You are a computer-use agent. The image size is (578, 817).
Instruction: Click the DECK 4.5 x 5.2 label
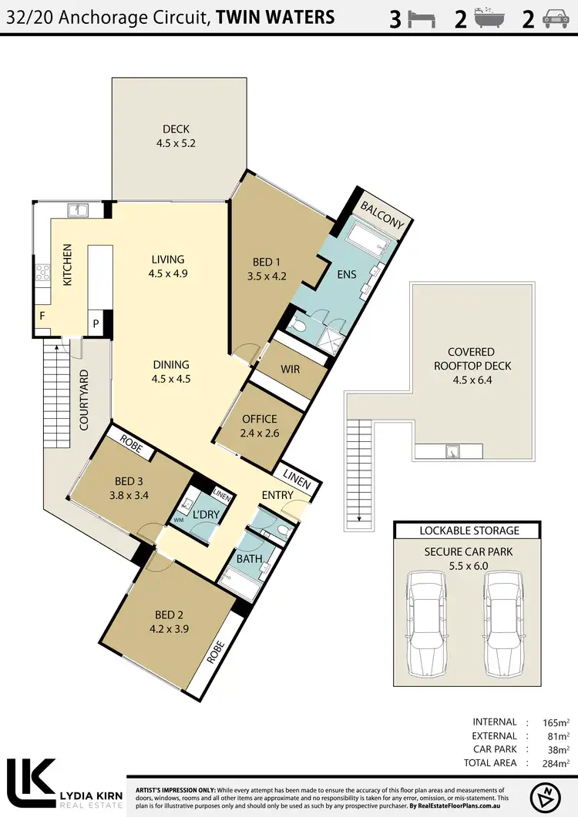176,136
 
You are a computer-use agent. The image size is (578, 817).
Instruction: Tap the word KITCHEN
67,265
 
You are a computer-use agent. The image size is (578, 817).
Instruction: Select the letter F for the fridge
42,316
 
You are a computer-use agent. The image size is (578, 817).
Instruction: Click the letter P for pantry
97,323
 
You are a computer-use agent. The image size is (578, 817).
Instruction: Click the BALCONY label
382,213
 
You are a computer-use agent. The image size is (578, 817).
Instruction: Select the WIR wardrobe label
290,370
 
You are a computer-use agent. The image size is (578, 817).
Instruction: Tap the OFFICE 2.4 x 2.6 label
259,426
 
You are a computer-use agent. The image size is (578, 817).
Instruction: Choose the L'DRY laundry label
207,514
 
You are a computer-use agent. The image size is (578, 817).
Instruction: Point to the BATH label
249,558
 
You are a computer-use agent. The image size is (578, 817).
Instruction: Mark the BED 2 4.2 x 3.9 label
172,621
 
